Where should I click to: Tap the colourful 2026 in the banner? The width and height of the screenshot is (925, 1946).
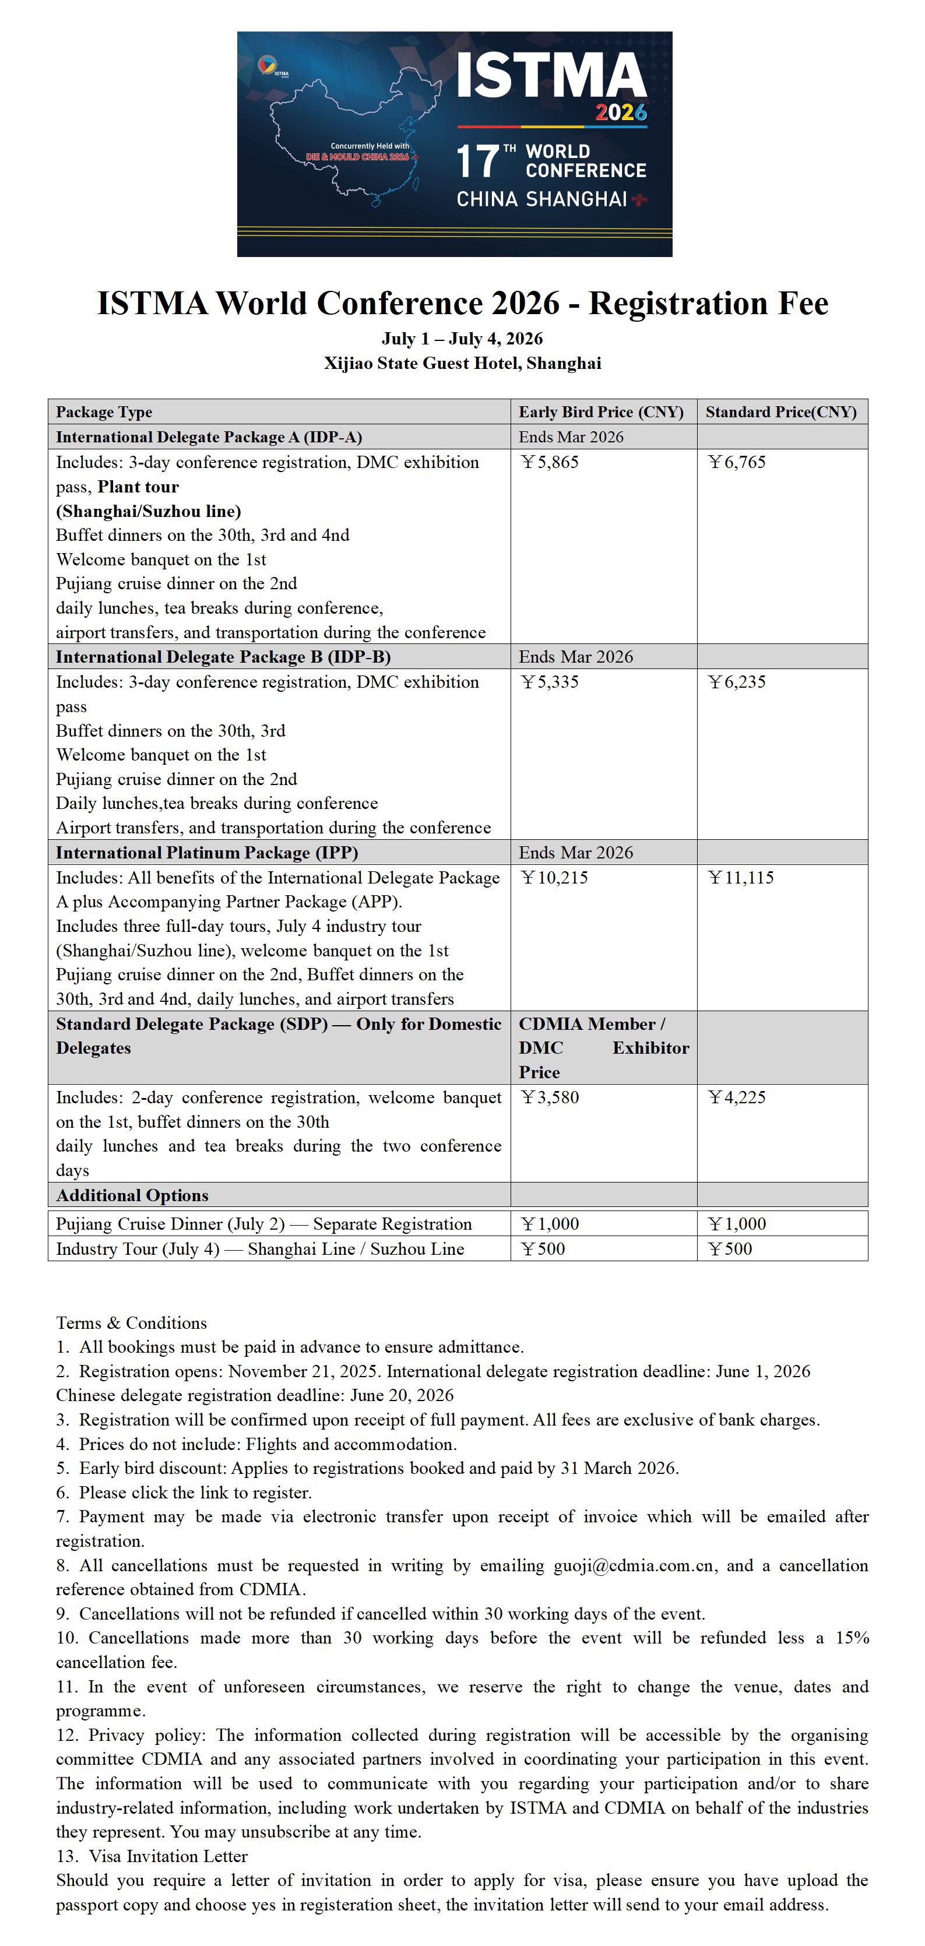coord(620,112)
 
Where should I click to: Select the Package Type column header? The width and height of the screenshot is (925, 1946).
coord(104,411)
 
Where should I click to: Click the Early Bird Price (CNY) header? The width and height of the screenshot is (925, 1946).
coord(601,411)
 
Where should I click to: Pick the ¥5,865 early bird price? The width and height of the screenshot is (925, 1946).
coord(550,462)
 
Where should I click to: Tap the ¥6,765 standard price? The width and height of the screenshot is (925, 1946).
coord(737,462)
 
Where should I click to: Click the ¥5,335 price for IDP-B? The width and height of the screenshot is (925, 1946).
coord(550,681)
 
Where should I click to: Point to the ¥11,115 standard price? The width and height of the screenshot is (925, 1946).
coord(741,877)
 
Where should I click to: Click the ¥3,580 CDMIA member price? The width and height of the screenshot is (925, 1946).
coord(550,1097)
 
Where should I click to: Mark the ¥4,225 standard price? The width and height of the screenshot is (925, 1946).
coord(737,1097)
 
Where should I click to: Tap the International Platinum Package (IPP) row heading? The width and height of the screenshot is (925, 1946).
coord(207,852)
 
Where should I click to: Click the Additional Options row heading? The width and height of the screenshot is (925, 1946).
coord(132,1195)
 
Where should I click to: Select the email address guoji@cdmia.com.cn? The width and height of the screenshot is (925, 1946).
coord(634,1565)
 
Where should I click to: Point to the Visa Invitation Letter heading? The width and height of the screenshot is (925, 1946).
coord(168,1856)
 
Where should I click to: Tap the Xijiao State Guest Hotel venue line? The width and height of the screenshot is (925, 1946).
coord(463,363)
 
